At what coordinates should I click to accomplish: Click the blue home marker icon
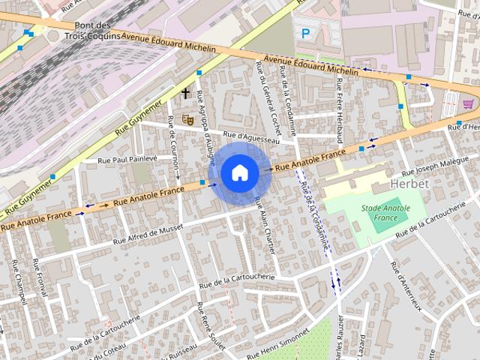[238, 172]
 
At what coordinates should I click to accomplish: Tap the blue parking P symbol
[304, 33]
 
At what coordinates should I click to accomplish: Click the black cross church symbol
[185, 93]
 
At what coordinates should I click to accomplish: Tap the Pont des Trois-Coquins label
[94, 31]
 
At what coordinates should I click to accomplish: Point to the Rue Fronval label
[40, 278]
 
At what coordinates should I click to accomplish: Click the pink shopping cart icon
[468, 103]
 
